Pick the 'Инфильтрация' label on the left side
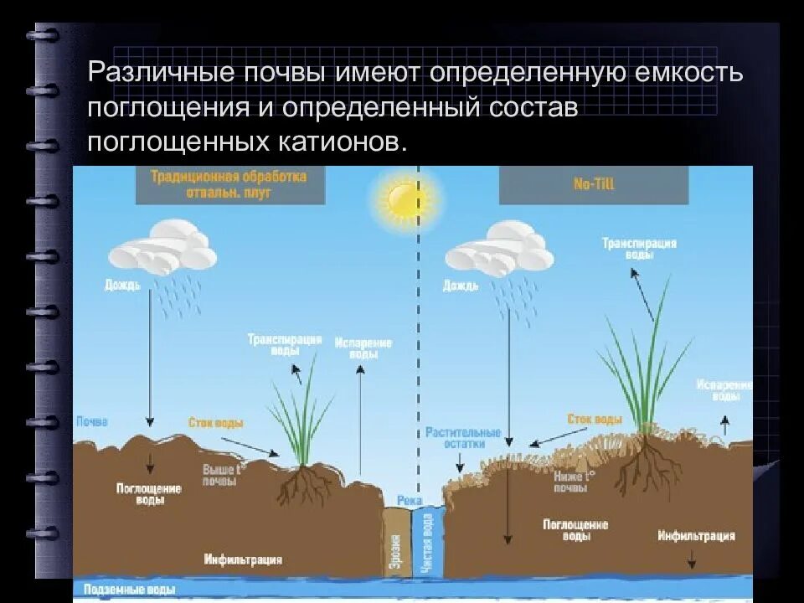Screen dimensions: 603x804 point(243,559)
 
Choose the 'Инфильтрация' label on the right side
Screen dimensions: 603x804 point(696,536)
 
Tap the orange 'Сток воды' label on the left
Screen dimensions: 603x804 point(216,424)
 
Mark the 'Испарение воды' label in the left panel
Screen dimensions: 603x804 point(362,348)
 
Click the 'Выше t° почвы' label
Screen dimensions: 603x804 point(221,476)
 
